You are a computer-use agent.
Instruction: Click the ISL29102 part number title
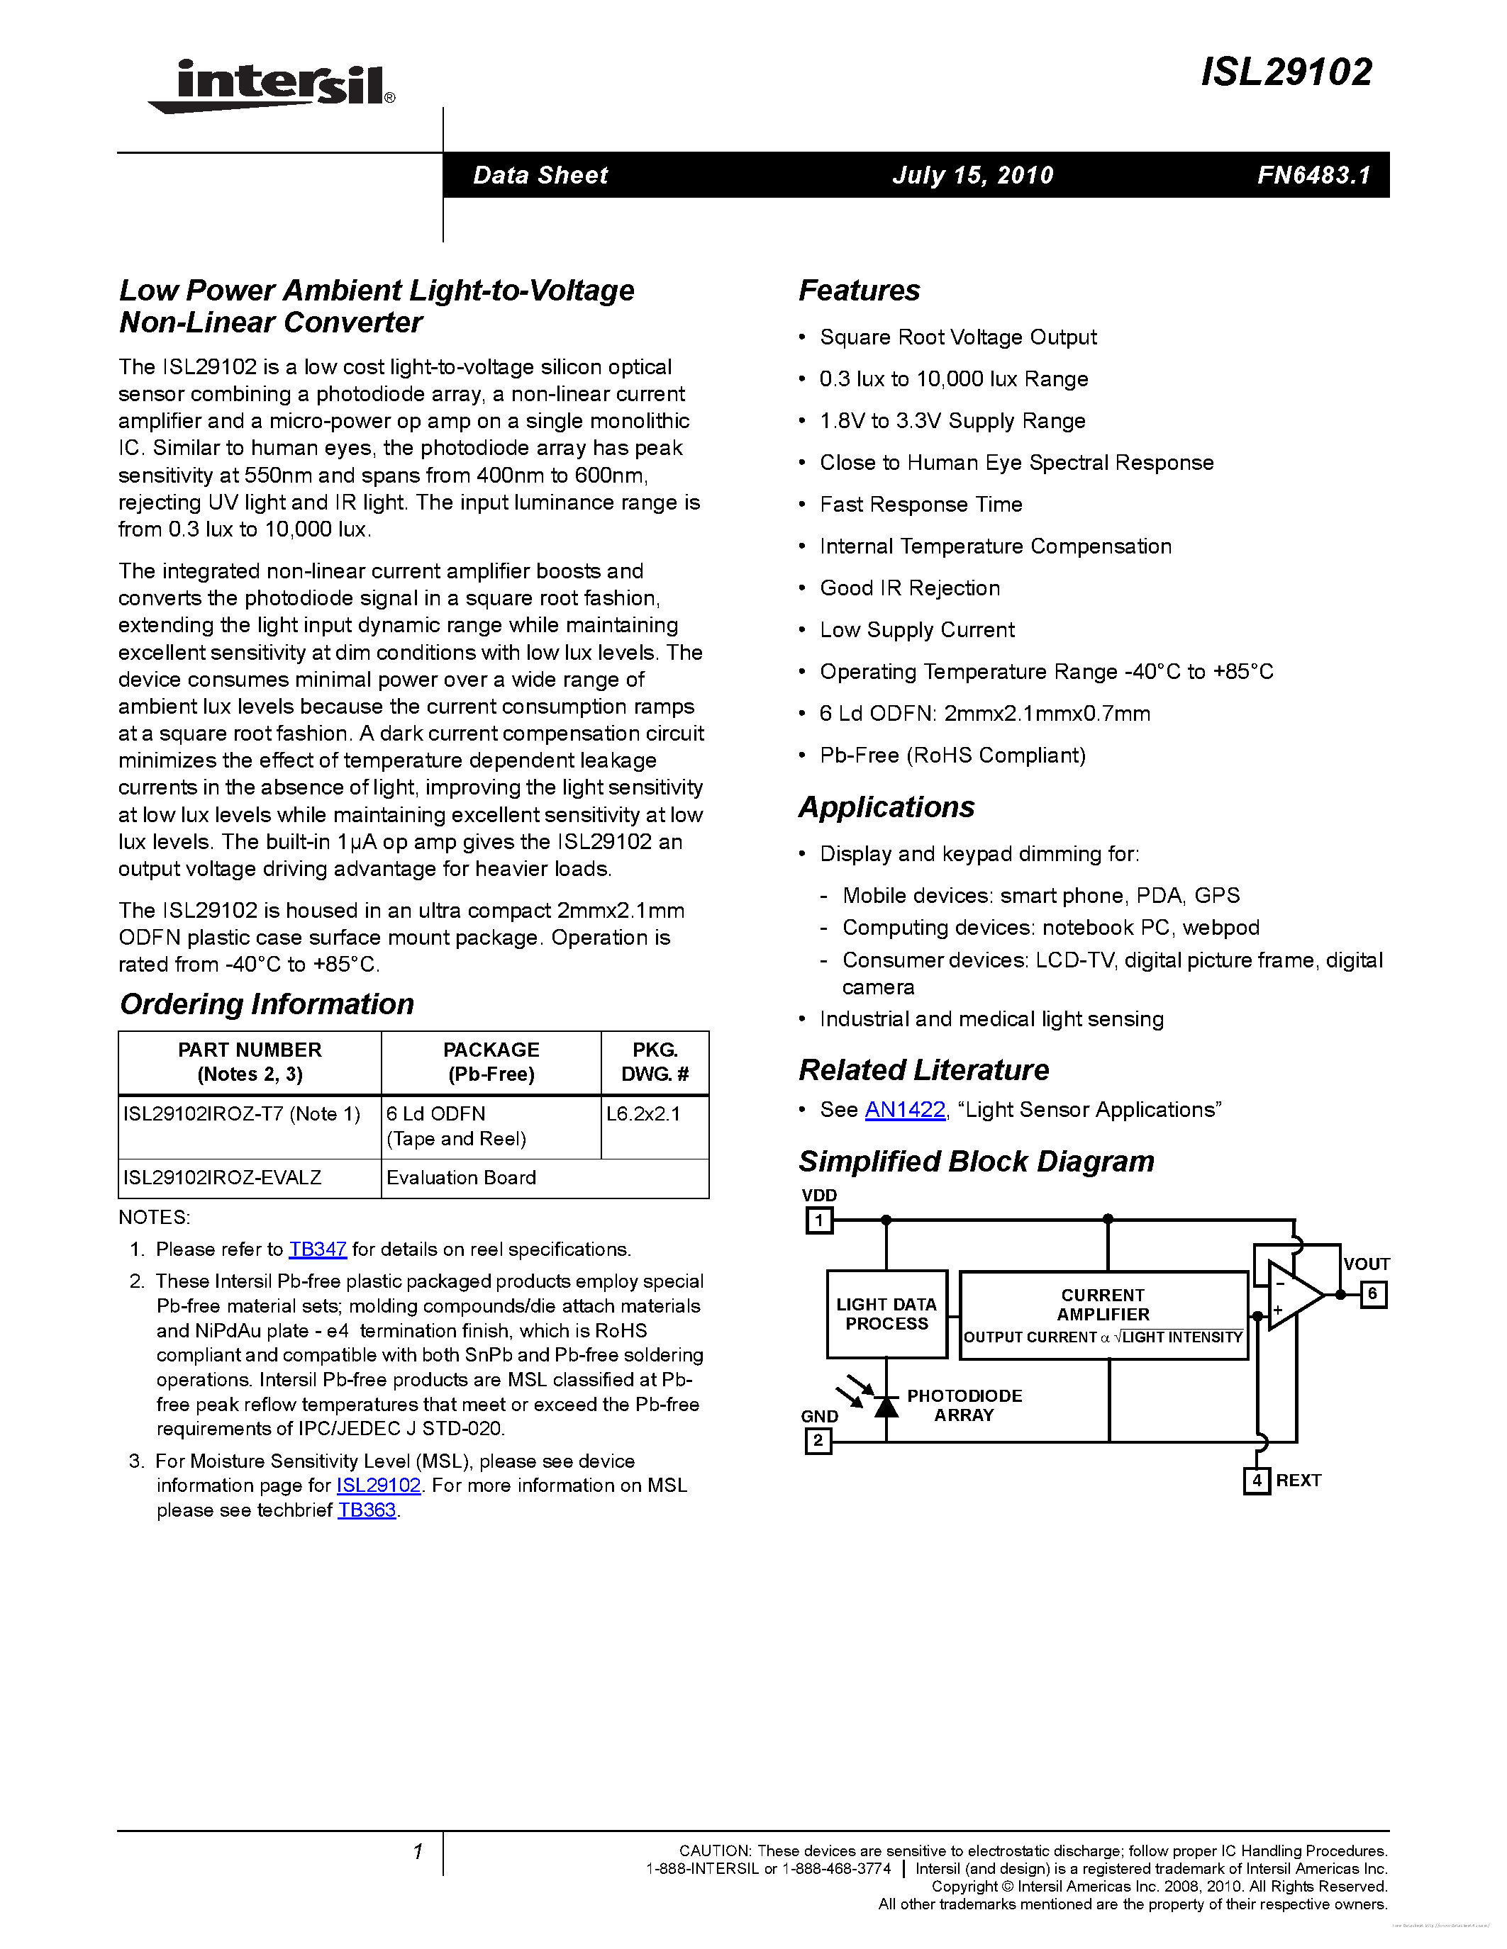(x=1286, y=72)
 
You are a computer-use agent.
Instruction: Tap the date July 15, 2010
(x=972, y=175)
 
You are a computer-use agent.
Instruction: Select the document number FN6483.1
(x=1313, y=175)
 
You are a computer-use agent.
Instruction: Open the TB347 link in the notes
(x=317, y=1249)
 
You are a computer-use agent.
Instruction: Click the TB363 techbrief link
(x=366, y=1510)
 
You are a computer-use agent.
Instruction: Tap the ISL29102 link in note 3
(x=378, y=1485)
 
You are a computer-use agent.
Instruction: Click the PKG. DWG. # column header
(x=655, y=1062)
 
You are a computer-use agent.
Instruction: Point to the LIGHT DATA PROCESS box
(x=886, y=1313)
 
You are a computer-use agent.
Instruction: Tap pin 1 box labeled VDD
(x=818, y=1220)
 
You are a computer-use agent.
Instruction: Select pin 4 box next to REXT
(x=1256, y=1481)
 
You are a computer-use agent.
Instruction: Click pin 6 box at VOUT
(x=1372, y=1294)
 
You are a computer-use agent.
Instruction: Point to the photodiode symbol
(x=885, y=1406)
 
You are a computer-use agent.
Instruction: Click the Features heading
(x=859, y=291)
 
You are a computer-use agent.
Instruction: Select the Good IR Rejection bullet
(x=909, y=588)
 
